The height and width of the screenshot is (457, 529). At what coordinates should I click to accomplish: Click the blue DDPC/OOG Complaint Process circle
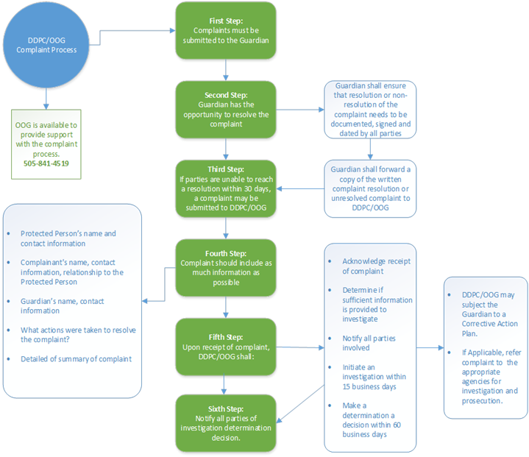pos(46,45)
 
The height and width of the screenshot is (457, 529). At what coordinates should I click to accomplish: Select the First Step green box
pos(226,32)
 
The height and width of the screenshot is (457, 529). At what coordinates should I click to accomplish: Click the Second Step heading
pos(226,96)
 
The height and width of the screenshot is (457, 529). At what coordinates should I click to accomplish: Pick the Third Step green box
pos(226,188)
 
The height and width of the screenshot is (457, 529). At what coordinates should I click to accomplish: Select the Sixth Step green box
pos(226,423)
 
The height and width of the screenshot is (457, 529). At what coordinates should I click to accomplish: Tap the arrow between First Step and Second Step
pos(226,71)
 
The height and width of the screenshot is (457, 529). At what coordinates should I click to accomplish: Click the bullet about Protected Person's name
pos(68,238)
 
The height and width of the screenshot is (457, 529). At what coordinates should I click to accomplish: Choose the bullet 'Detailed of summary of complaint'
pos(75,358)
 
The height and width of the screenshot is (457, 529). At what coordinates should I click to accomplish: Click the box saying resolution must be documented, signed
pos(370,109)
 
